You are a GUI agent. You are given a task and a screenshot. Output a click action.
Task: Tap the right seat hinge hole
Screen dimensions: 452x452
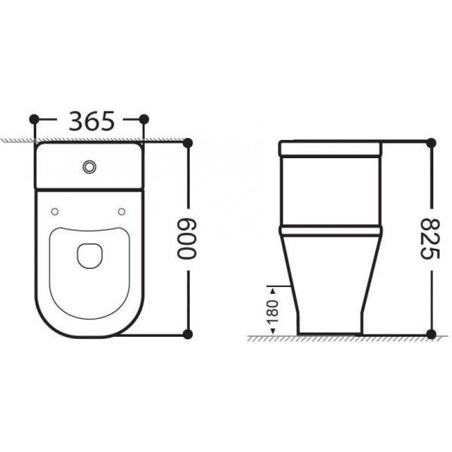(122, 211)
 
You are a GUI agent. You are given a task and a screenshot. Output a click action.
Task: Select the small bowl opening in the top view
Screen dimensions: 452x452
(90, 255)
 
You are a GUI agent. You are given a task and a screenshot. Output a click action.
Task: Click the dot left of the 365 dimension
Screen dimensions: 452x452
(34, 119)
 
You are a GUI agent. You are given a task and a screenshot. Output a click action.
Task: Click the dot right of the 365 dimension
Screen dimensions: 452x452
(145, 119)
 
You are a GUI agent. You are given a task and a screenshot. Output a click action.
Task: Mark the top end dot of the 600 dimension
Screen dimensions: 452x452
(188, 141)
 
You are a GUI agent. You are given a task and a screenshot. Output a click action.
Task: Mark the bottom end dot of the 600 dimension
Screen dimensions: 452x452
(188, 333)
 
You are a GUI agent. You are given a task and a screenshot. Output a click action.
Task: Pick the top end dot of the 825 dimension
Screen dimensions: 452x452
(430, 142)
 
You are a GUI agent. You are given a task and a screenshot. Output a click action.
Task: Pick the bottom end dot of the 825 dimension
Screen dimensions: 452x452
(430, 333)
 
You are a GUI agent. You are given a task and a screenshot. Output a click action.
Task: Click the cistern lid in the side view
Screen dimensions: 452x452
(331, 148)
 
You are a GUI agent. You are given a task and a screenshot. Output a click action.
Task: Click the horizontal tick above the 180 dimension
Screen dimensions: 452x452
(274, 286)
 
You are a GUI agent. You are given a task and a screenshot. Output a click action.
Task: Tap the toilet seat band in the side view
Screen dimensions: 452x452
(331, 229)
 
